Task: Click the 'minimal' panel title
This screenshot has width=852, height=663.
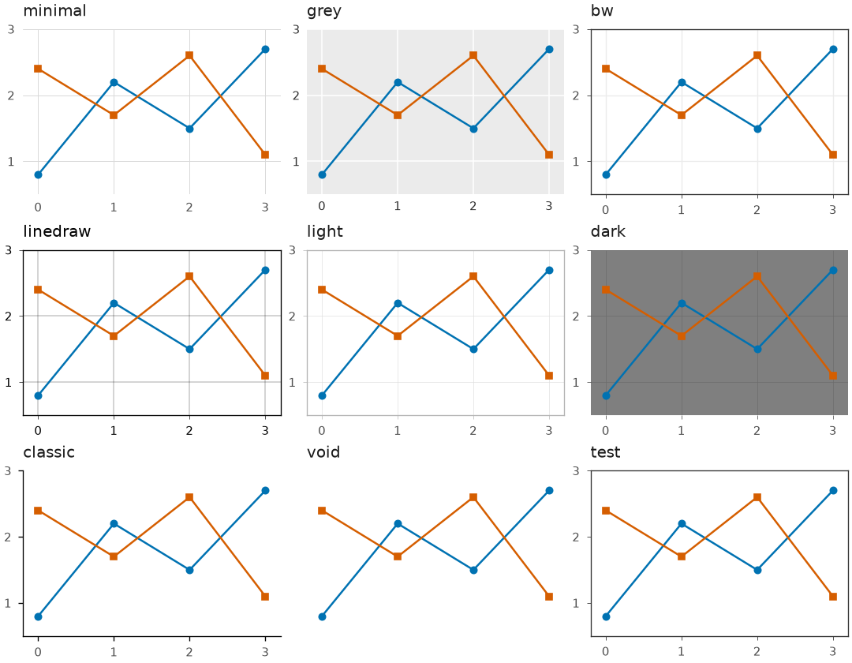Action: click(54, 11)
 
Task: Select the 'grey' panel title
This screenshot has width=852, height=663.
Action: click(324, 12)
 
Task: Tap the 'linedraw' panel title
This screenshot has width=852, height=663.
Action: click(57, 231)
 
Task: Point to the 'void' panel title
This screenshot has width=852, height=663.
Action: click(323, 452)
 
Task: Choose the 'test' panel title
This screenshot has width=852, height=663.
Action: click(605, 452)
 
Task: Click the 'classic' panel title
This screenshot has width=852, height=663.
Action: click(49, 452)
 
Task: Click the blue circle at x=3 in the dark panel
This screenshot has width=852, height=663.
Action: click(833, 270)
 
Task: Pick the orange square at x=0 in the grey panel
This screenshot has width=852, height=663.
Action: click(322, 69)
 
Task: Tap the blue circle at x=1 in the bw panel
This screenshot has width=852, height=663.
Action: click(682, 82)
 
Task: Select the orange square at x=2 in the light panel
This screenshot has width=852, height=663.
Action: click(473, 276)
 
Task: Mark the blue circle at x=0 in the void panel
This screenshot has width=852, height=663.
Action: click(322, 616)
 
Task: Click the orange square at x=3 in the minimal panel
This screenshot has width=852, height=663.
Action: click(265, 155)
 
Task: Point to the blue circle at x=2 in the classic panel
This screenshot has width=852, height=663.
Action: click(189, 570)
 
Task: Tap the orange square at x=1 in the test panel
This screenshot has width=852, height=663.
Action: click(682, 556)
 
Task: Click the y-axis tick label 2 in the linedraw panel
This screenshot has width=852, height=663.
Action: click(8, 317)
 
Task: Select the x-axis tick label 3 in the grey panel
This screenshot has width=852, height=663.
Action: click(549, 206)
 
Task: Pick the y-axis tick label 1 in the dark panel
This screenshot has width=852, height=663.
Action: click(576, 383)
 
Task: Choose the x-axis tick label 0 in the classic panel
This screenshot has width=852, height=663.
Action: click(38, 652)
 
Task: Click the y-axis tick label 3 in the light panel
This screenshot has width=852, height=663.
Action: click(293, 250)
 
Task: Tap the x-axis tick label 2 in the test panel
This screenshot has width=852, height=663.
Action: click(757, 652)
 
